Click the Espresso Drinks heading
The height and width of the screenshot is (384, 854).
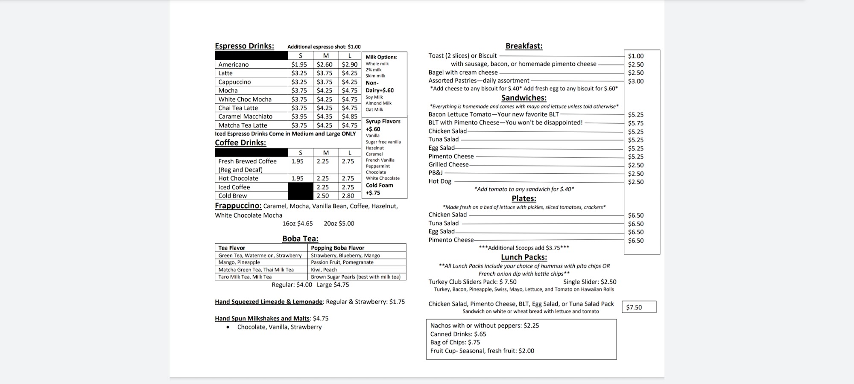pos(244,46)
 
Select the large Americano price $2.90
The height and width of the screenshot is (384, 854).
pos(349,64)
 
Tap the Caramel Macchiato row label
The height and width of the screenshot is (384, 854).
pos(245,116)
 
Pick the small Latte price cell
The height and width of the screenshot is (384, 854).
pos(299,73)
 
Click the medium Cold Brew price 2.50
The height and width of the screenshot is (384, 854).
pos(322,196)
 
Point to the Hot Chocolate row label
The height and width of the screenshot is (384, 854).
pos(238,178)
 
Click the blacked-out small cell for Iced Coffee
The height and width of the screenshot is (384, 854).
pos(300,187)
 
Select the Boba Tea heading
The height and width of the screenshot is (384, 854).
pos(300,239)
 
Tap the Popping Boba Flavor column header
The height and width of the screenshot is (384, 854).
pos(337,248)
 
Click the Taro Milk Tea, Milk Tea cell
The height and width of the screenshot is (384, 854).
pos(245,277)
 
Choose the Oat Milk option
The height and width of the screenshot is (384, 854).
pos(374,110)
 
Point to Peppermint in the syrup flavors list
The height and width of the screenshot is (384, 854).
pos(377,166)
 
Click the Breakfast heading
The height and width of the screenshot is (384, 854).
pos(524,46)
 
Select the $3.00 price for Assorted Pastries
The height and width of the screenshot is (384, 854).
pos(636,81)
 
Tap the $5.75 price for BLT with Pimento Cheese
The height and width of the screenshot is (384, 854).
pos(636,123)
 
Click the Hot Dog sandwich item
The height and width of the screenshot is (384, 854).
pos(440,181)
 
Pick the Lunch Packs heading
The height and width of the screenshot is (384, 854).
pos(524,257)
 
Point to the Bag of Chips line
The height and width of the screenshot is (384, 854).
pos(455,342)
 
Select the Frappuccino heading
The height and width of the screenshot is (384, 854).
pos(238,206)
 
